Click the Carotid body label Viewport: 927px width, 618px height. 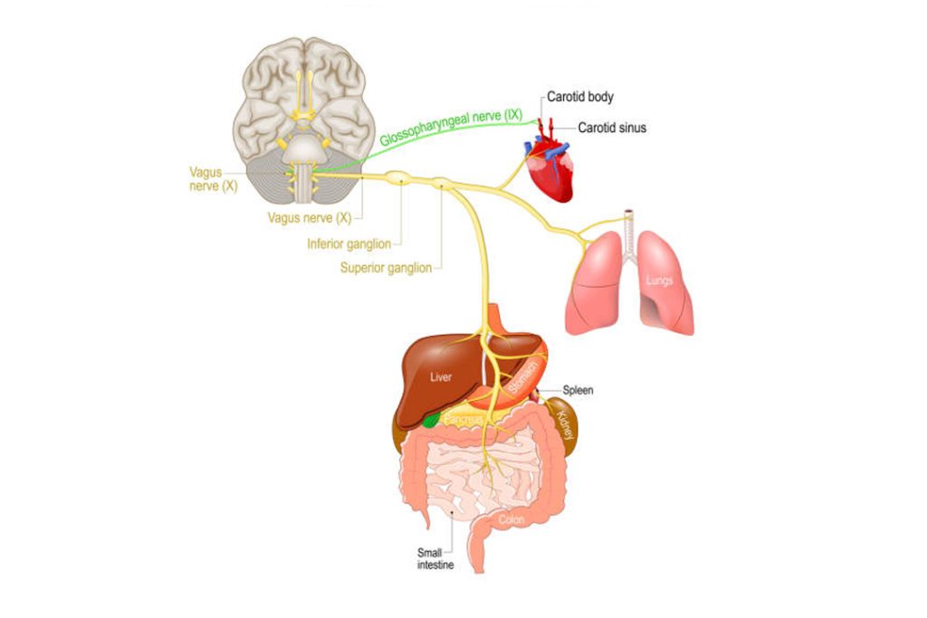pos(580,96)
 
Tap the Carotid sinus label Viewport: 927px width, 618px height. pos(612,128)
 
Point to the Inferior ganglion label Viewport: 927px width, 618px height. pos(349,243)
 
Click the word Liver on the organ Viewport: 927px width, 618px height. pos(441,378)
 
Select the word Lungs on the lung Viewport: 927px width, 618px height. pos(659,280)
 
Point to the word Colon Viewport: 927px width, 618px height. pos(511,519)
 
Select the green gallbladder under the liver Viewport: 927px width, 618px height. pos(433,419)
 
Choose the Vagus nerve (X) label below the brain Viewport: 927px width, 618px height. pos(310,218)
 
